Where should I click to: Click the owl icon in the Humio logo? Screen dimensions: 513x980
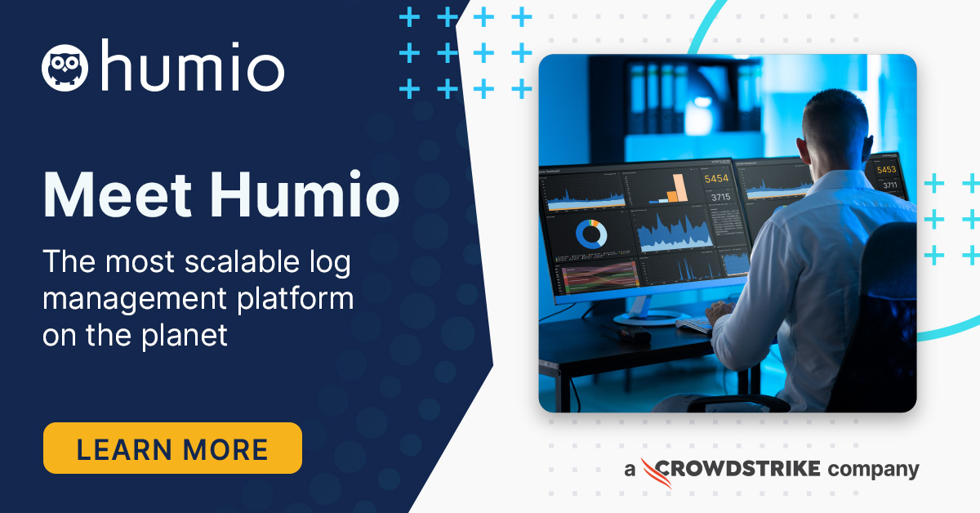(65, 66)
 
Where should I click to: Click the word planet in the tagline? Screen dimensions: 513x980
(186, 335)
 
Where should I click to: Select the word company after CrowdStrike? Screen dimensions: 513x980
(873, 470)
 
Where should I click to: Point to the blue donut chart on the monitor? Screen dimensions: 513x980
(590, 234)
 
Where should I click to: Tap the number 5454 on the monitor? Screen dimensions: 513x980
(716, 179)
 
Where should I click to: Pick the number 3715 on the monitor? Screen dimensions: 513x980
(719, 197)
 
